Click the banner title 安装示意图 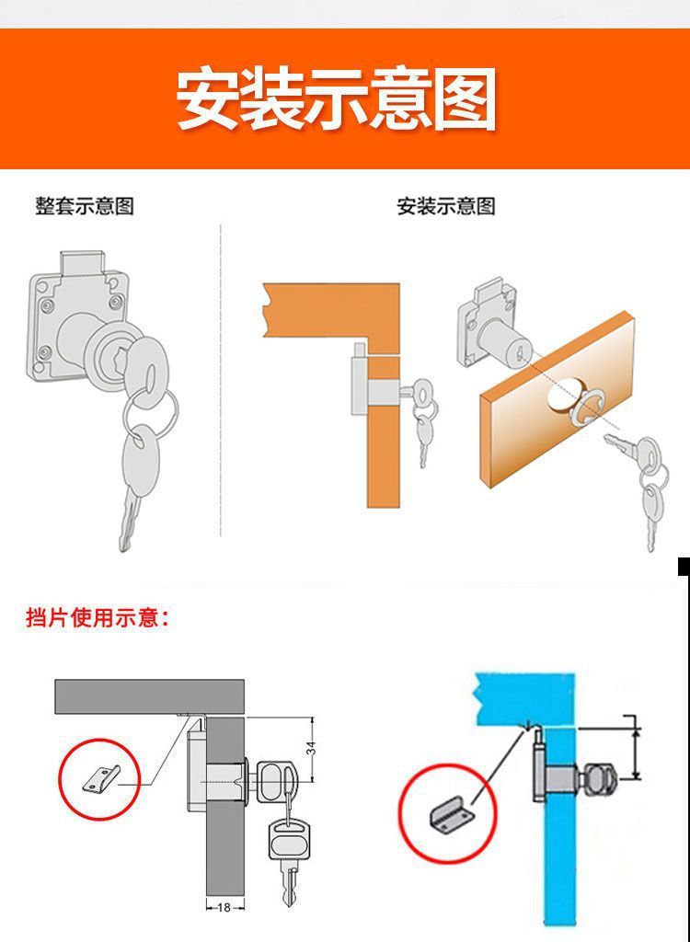(337, 98)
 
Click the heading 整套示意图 (85, 206)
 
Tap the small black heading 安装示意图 (446, 206)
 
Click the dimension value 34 (311, 750)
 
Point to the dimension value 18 (224, 907)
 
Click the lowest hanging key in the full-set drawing (136, 488)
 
